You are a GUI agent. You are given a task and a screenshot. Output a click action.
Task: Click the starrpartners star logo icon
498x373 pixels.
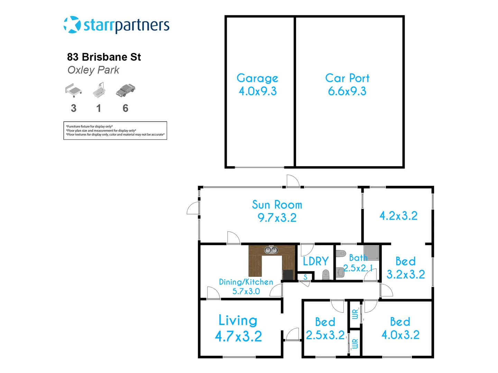coord(72,25)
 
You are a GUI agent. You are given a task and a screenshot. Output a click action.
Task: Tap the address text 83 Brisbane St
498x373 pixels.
coord(104,57)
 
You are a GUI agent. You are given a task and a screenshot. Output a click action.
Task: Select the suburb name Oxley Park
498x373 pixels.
coord(93,70)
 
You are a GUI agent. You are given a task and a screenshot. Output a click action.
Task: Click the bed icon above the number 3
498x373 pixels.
coord(73,90)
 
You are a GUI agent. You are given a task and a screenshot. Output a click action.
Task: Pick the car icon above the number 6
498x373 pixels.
coord(125,90)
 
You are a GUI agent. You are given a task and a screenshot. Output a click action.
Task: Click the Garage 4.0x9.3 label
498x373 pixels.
coord(258,85)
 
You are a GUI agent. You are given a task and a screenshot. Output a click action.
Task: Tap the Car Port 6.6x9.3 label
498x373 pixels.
coord(347,85)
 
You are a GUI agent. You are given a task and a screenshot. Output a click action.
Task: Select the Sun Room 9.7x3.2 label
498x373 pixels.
coord(277,211)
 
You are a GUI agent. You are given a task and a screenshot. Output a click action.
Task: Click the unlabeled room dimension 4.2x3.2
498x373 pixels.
coord(398,216)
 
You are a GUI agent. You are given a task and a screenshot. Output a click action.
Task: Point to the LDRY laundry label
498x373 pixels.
coord(315,261)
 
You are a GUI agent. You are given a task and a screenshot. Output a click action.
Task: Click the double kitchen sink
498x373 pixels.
coord(271,249)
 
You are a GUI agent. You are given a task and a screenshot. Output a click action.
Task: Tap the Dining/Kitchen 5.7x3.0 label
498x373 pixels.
coord(246,287)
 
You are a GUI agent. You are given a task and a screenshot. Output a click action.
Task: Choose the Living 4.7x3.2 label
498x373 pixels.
coord(238,328)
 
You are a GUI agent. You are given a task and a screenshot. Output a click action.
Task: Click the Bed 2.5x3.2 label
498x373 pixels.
coord(325,328)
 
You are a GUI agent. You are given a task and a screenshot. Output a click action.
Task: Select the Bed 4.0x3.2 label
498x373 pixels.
coord(400,328)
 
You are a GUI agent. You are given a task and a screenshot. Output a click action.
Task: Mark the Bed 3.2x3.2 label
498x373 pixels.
coord(406,268)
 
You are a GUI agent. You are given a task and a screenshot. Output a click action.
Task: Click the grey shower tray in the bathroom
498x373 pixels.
coord(371,253)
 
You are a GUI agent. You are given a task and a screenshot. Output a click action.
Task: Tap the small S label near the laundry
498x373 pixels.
coord(305,277)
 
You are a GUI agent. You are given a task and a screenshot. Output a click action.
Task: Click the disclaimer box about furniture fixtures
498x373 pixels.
coord(115,131)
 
